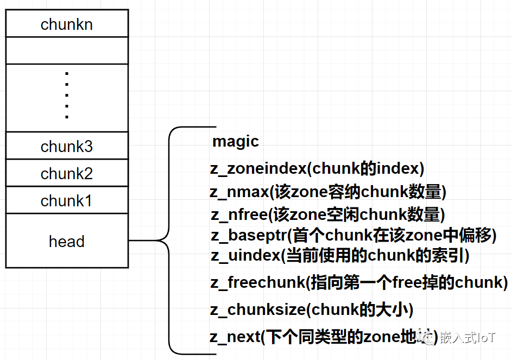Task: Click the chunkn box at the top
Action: point(67,24)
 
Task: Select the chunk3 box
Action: point(67,146)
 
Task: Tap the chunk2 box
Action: point(67,173)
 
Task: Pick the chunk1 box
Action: point(67,200)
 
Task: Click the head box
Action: point(67,241)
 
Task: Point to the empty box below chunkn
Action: point(67,50)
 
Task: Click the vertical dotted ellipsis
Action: point(67,96)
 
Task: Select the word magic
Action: point(236,142)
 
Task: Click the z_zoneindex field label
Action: point(258,169)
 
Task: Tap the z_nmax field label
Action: point(239,192)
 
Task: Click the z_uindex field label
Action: point(245,255)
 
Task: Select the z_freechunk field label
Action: point(257,282)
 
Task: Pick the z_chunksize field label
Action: point(257,310)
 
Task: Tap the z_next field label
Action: point(235,337)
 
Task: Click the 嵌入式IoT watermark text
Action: point(466,337)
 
